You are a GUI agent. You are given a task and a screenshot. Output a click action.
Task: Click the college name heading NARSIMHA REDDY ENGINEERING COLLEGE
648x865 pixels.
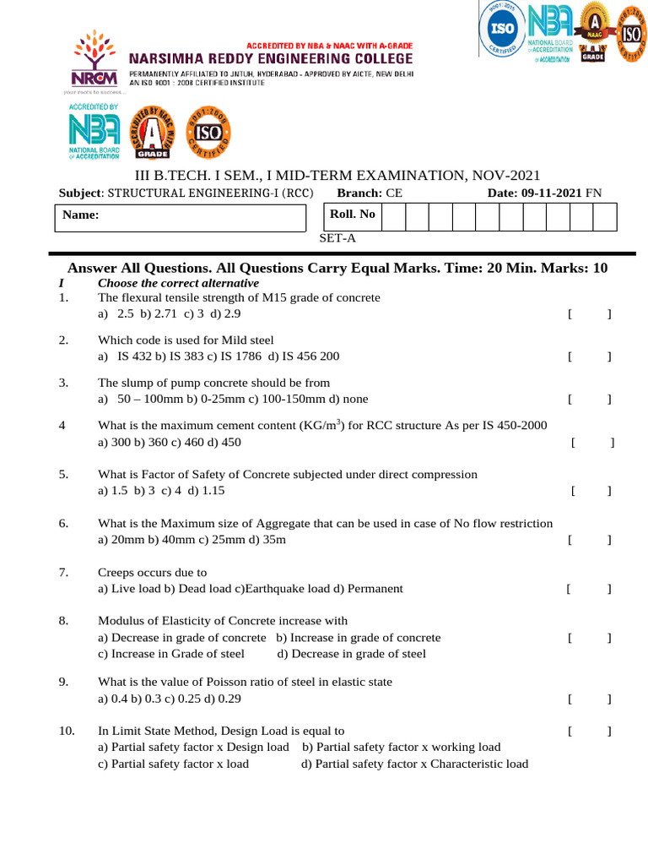[x=270, y=58]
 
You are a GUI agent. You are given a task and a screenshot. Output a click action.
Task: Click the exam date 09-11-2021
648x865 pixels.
[x=552, y=193]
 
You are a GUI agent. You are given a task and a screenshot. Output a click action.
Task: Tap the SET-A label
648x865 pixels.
[x=337, y=238]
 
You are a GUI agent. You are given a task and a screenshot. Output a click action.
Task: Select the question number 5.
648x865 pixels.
[x=63, y=474]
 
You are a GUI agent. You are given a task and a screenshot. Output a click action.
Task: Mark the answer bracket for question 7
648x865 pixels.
[x=589, y=588]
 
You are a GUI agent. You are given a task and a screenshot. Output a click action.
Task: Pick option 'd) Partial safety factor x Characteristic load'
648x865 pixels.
[x=414, y=764]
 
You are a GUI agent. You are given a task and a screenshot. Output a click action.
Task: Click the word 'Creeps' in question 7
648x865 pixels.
[x=117, y=572]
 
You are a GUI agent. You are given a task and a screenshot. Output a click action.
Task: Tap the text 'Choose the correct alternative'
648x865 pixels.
[x=178, y=283]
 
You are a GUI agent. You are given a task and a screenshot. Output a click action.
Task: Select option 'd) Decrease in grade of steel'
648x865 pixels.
[x=351, y=654]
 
